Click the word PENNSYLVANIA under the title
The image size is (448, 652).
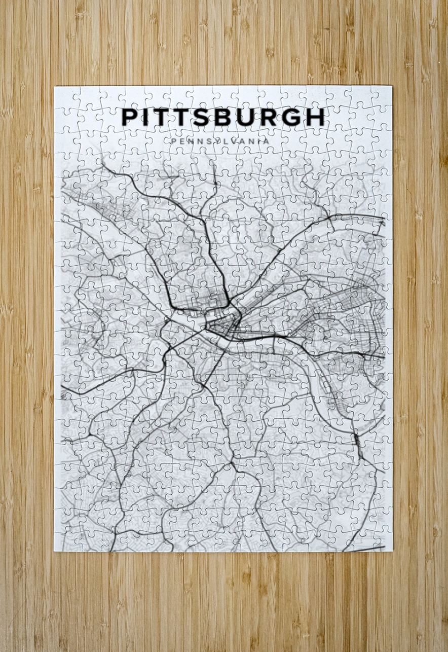220,141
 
